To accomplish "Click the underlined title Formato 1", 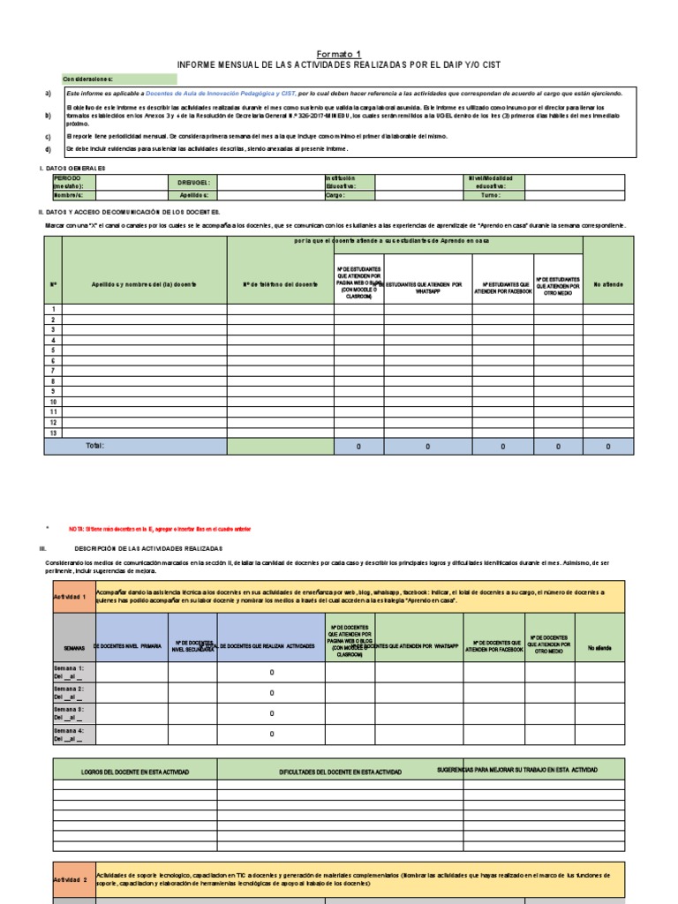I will (338, 53).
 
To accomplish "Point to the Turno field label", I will (491, 196).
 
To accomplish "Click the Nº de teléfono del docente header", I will (281, 284).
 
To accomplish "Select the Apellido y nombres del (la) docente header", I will (145, 284).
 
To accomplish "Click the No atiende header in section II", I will (607, 284).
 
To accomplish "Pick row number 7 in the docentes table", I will (53, 371).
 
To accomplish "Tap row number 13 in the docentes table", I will (53, 433).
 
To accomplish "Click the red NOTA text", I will (159, 529).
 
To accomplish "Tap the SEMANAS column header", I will (74, 647).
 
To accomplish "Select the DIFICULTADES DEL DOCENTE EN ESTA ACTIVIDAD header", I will (340, 772).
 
